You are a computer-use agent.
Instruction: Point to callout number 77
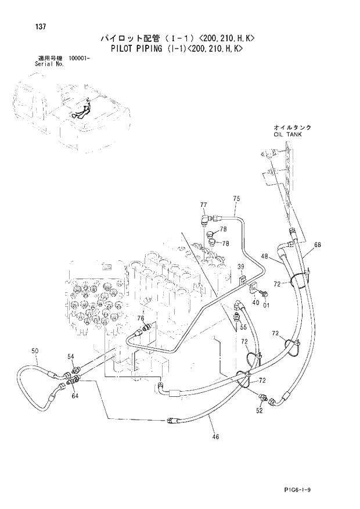(x=204, y=205)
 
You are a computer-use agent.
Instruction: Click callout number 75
(x=236, y=199)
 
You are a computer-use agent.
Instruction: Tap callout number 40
(x=255, y=302)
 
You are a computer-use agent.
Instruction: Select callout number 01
(x=267, y=304)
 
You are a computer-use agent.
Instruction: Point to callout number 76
(x=141, y=318)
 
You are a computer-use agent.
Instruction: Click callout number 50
(x=35, y=351)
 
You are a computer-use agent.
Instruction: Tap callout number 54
(x=70, y=356)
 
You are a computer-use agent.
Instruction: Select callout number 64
(x=75, y=396)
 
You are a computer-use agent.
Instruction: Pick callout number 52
(x=259, y=410)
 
